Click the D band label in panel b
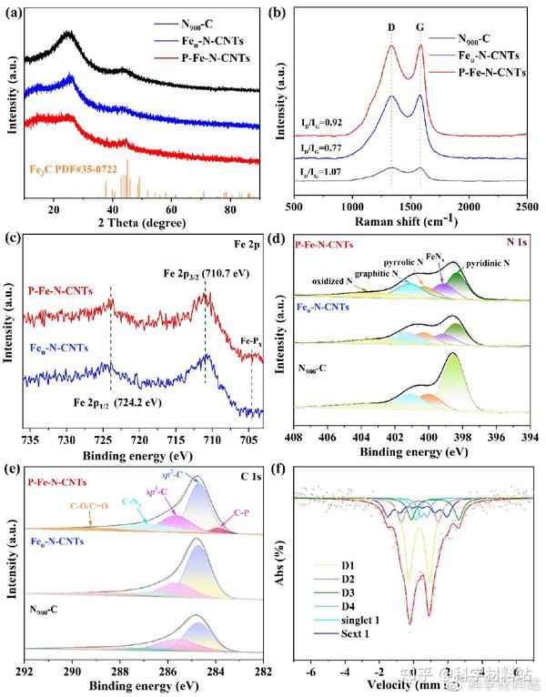coord(392,27)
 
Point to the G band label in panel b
coord(420,27)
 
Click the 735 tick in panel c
coord(33,439)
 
